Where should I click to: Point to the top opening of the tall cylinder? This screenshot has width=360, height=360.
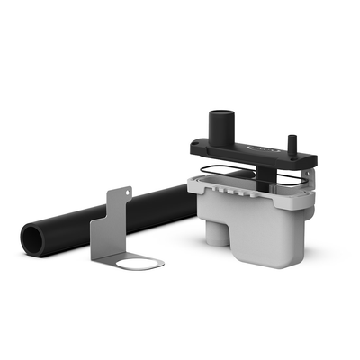220,114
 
